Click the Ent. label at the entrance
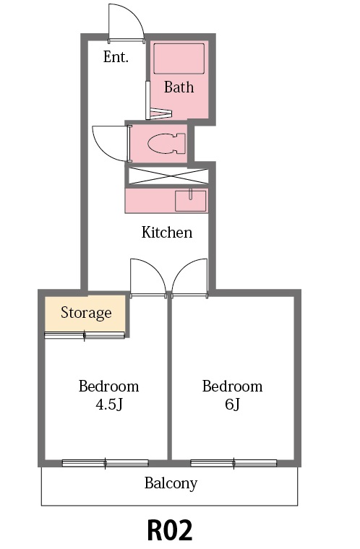(116, 57)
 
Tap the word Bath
(179, 87)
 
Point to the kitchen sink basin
(191, 200)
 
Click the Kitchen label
(166, 232)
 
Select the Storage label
(86, 313)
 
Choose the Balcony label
(171, 483)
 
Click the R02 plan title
(170, 530)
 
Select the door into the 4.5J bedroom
(147, 277)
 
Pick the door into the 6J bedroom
(190, 277)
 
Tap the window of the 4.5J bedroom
(106, 463)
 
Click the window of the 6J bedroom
(233, 463)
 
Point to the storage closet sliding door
(85, 334)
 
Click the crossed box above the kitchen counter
(168, 175)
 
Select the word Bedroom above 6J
(232, 386)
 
